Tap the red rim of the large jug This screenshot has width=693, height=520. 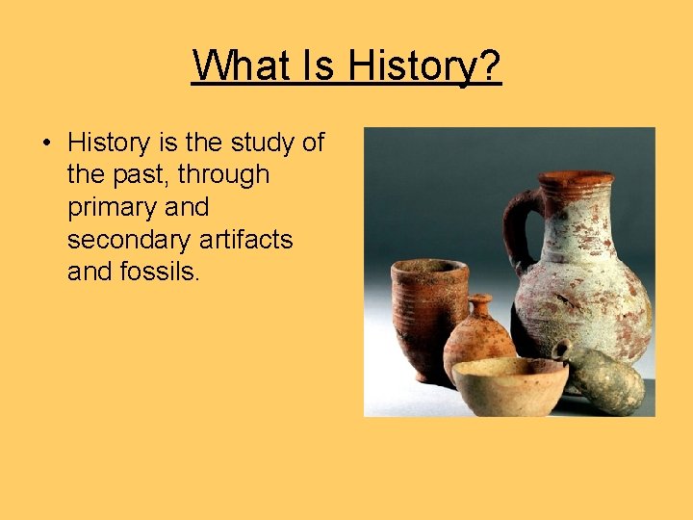(576, 179)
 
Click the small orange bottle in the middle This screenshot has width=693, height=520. (478, 342)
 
